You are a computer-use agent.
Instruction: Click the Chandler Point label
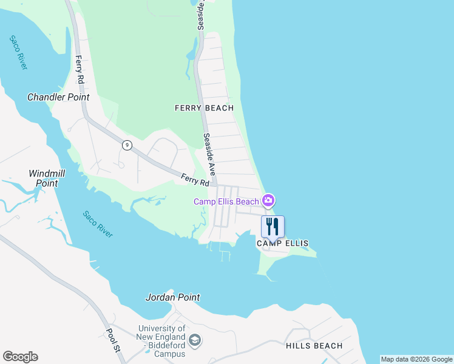tap(58, 97)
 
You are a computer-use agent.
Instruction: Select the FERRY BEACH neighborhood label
tap(204, 108)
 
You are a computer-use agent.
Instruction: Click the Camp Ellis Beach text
tap(226, 201)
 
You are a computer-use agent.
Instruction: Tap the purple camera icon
tap(268, 200)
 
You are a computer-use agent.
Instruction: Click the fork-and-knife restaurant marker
tap(273, 227)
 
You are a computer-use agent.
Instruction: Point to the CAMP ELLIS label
tap(282, 243)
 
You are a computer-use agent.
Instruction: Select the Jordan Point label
tap(172, 297)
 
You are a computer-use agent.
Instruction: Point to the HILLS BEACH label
tap(314, 346)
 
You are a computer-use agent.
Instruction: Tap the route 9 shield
tap(127, 144)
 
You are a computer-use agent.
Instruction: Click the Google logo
tap(20, 357)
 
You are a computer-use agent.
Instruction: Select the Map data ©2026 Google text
tap(416, 359)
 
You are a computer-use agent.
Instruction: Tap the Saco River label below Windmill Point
tap(98, 224)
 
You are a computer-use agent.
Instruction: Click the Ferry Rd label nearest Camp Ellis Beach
tap(195, 180)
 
